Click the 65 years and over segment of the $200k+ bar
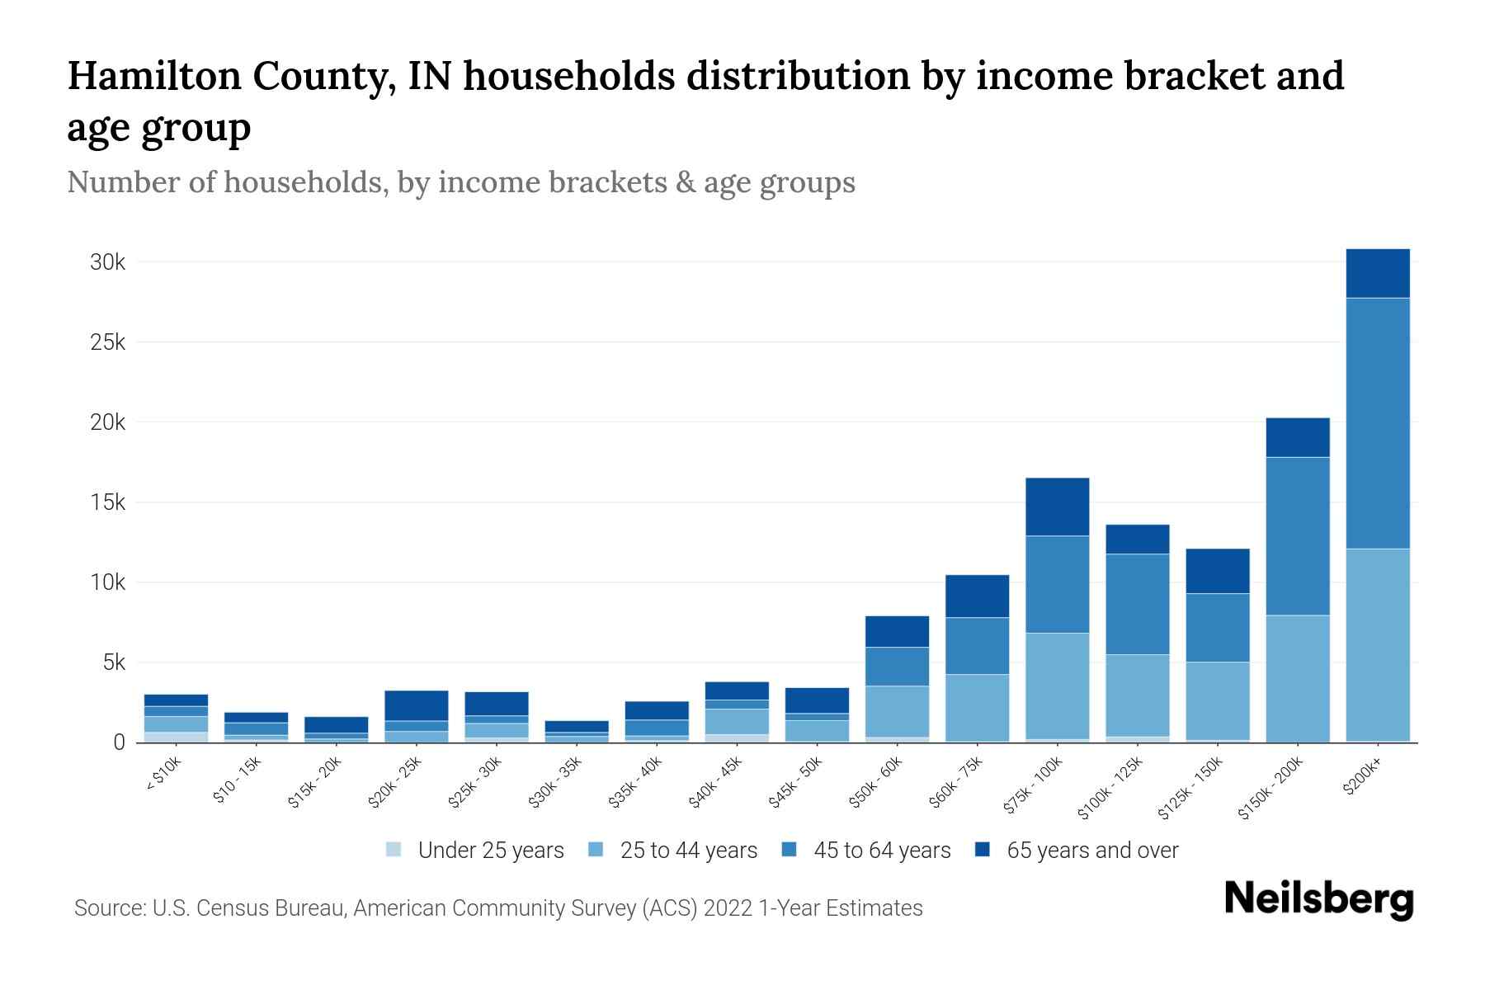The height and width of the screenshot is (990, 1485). point(1378,273)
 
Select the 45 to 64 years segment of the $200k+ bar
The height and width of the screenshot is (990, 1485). point(1378,422)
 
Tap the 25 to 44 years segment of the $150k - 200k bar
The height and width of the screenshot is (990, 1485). point(1298,678)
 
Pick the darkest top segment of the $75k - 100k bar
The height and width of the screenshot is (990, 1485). point(1057,507)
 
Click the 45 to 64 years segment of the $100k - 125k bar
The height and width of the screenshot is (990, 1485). point(1138,604)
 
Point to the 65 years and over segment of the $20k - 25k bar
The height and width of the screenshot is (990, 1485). point(416,705)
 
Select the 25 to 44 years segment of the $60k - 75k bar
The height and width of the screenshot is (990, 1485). point(977,707)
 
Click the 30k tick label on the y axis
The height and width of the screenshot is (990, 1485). point(107,262)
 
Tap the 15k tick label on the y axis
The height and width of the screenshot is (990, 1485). point(107,502)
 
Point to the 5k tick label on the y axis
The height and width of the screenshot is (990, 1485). point(113,662)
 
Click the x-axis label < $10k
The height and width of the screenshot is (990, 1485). point(163,775)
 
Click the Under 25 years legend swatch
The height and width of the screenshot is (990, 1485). point(394,850)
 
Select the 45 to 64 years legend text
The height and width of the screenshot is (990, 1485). point(882,851)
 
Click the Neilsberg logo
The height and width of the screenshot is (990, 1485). point(1319,899)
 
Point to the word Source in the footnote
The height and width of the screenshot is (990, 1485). point(108,908)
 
